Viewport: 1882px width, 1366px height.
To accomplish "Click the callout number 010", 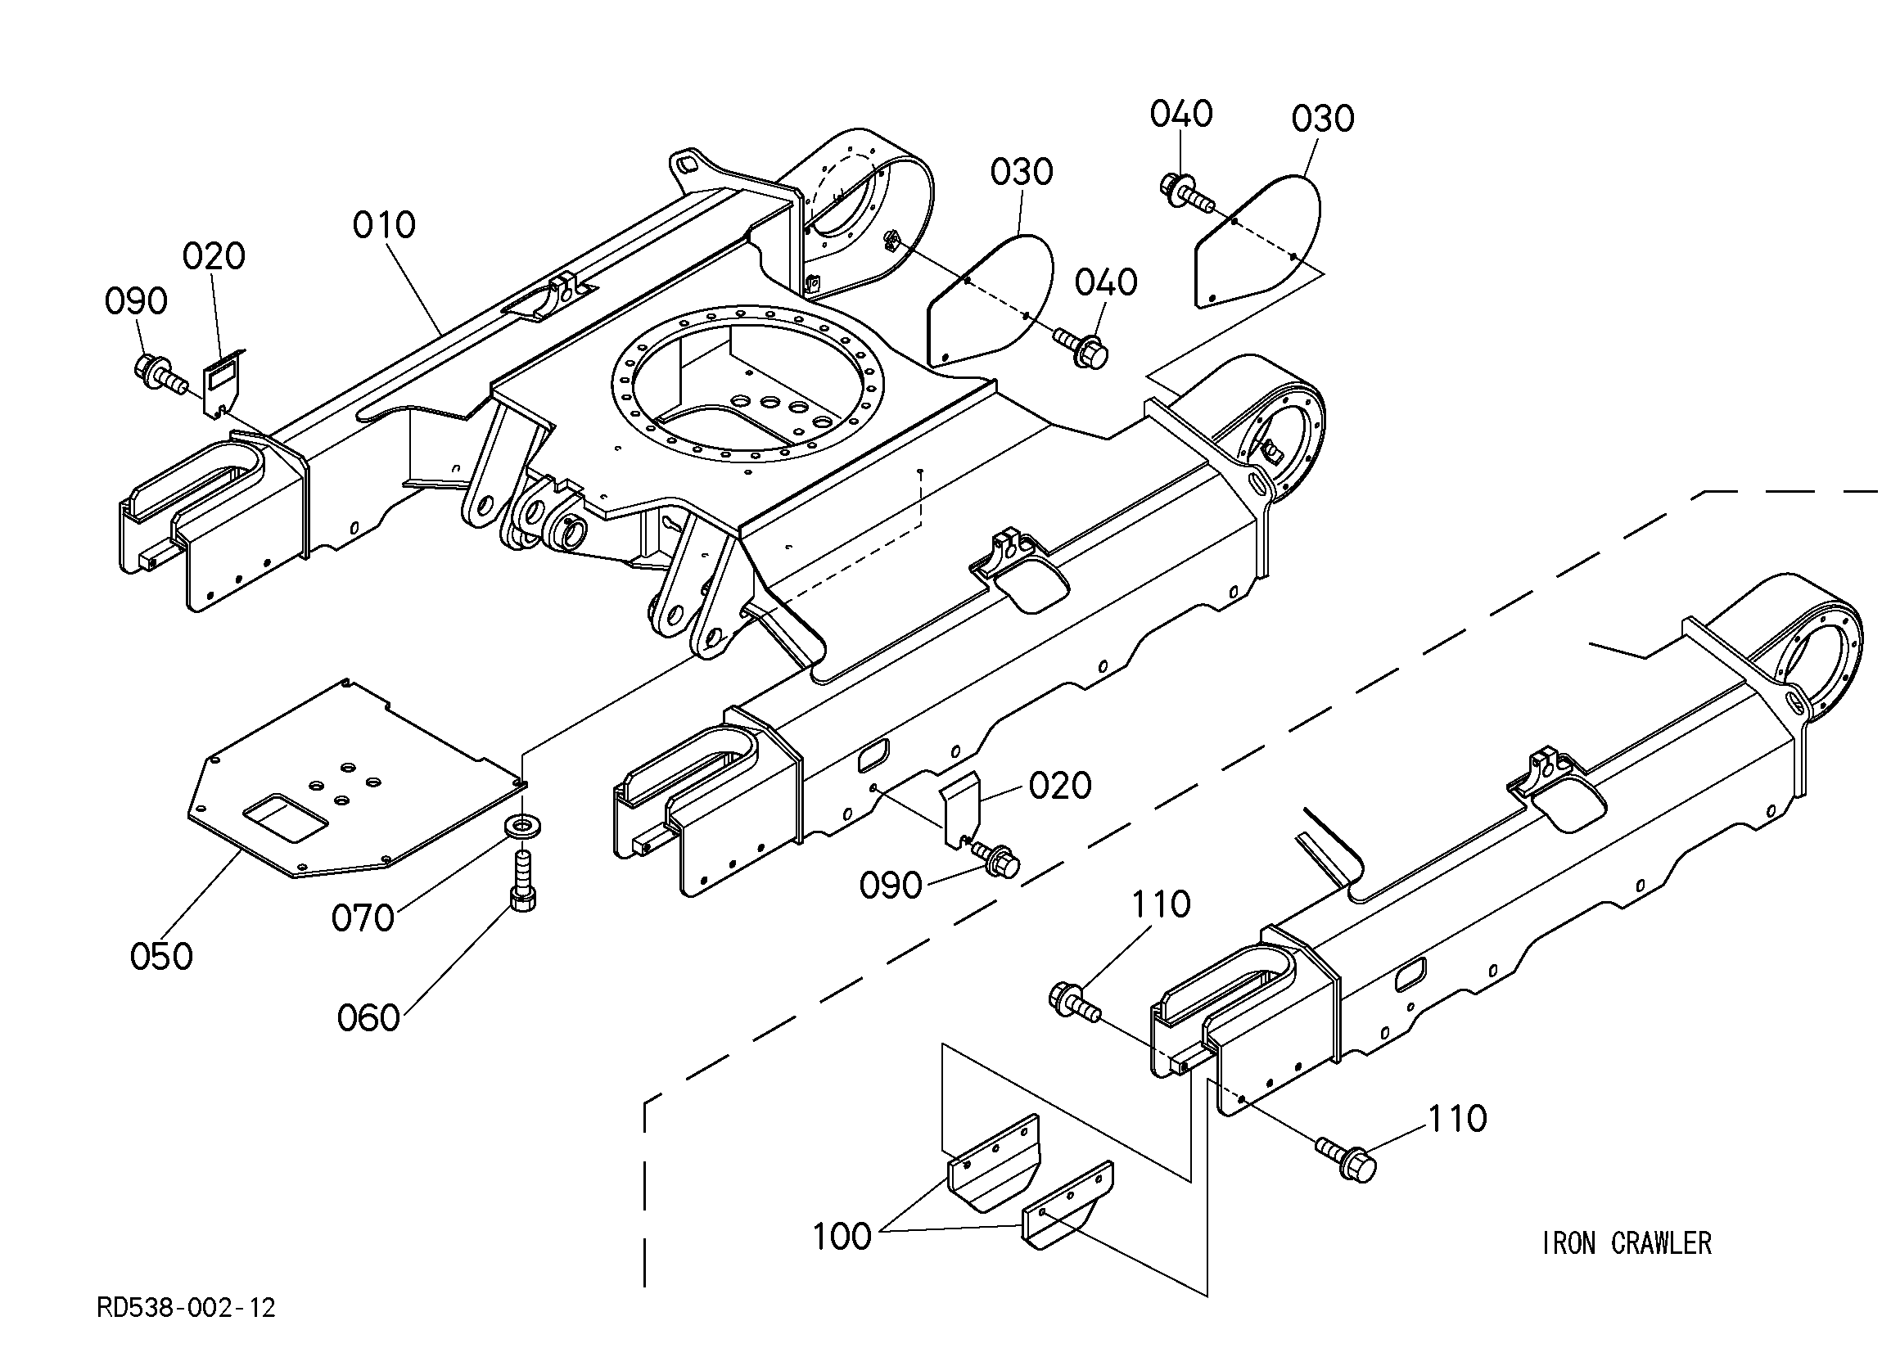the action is click(384, 225).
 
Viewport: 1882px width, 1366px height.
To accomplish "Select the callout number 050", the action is click(162, 957).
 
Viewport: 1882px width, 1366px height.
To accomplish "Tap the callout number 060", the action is click(368, 1017).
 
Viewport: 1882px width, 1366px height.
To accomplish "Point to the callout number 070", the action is click(363, 917).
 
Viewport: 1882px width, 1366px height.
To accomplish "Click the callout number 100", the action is click(842, 1237).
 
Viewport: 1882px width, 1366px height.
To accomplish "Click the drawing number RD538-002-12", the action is click(186, 1309).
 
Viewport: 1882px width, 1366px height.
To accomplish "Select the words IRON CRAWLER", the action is click(1627, 1243).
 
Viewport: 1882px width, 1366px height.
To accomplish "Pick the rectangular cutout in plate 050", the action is click(285, 818).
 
